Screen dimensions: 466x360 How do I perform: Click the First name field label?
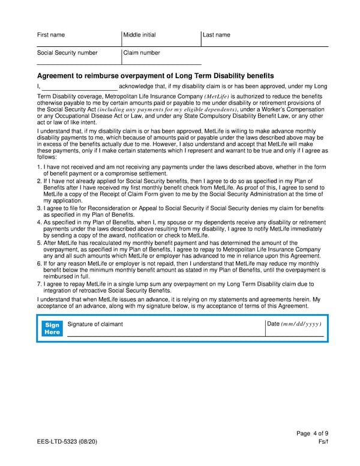(51, 35)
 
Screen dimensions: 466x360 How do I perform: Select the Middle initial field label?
(139, 35)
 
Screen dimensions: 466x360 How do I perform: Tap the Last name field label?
(217, 35)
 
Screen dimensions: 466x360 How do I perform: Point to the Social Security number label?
(67, 53)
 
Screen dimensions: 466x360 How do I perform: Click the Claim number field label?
(142, 53)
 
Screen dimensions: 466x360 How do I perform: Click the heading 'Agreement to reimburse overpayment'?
(155, 76)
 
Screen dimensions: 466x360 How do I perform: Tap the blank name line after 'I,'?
(83, 87)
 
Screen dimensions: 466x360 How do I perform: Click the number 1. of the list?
(40, 167)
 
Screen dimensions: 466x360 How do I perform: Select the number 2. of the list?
(40, 180)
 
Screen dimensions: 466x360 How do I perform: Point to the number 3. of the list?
(40, 208)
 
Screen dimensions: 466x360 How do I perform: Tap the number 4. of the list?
(40, 222)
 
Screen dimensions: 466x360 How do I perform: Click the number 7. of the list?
(40, 283)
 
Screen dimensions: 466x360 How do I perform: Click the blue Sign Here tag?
(52, 328)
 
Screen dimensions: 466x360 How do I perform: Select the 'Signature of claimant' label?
(95, 324)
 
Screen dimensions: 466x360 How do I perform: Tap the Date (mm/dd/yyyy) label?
(294, 324)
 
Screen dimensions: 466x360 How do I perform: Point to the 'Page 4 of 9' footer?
(312, 434)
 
